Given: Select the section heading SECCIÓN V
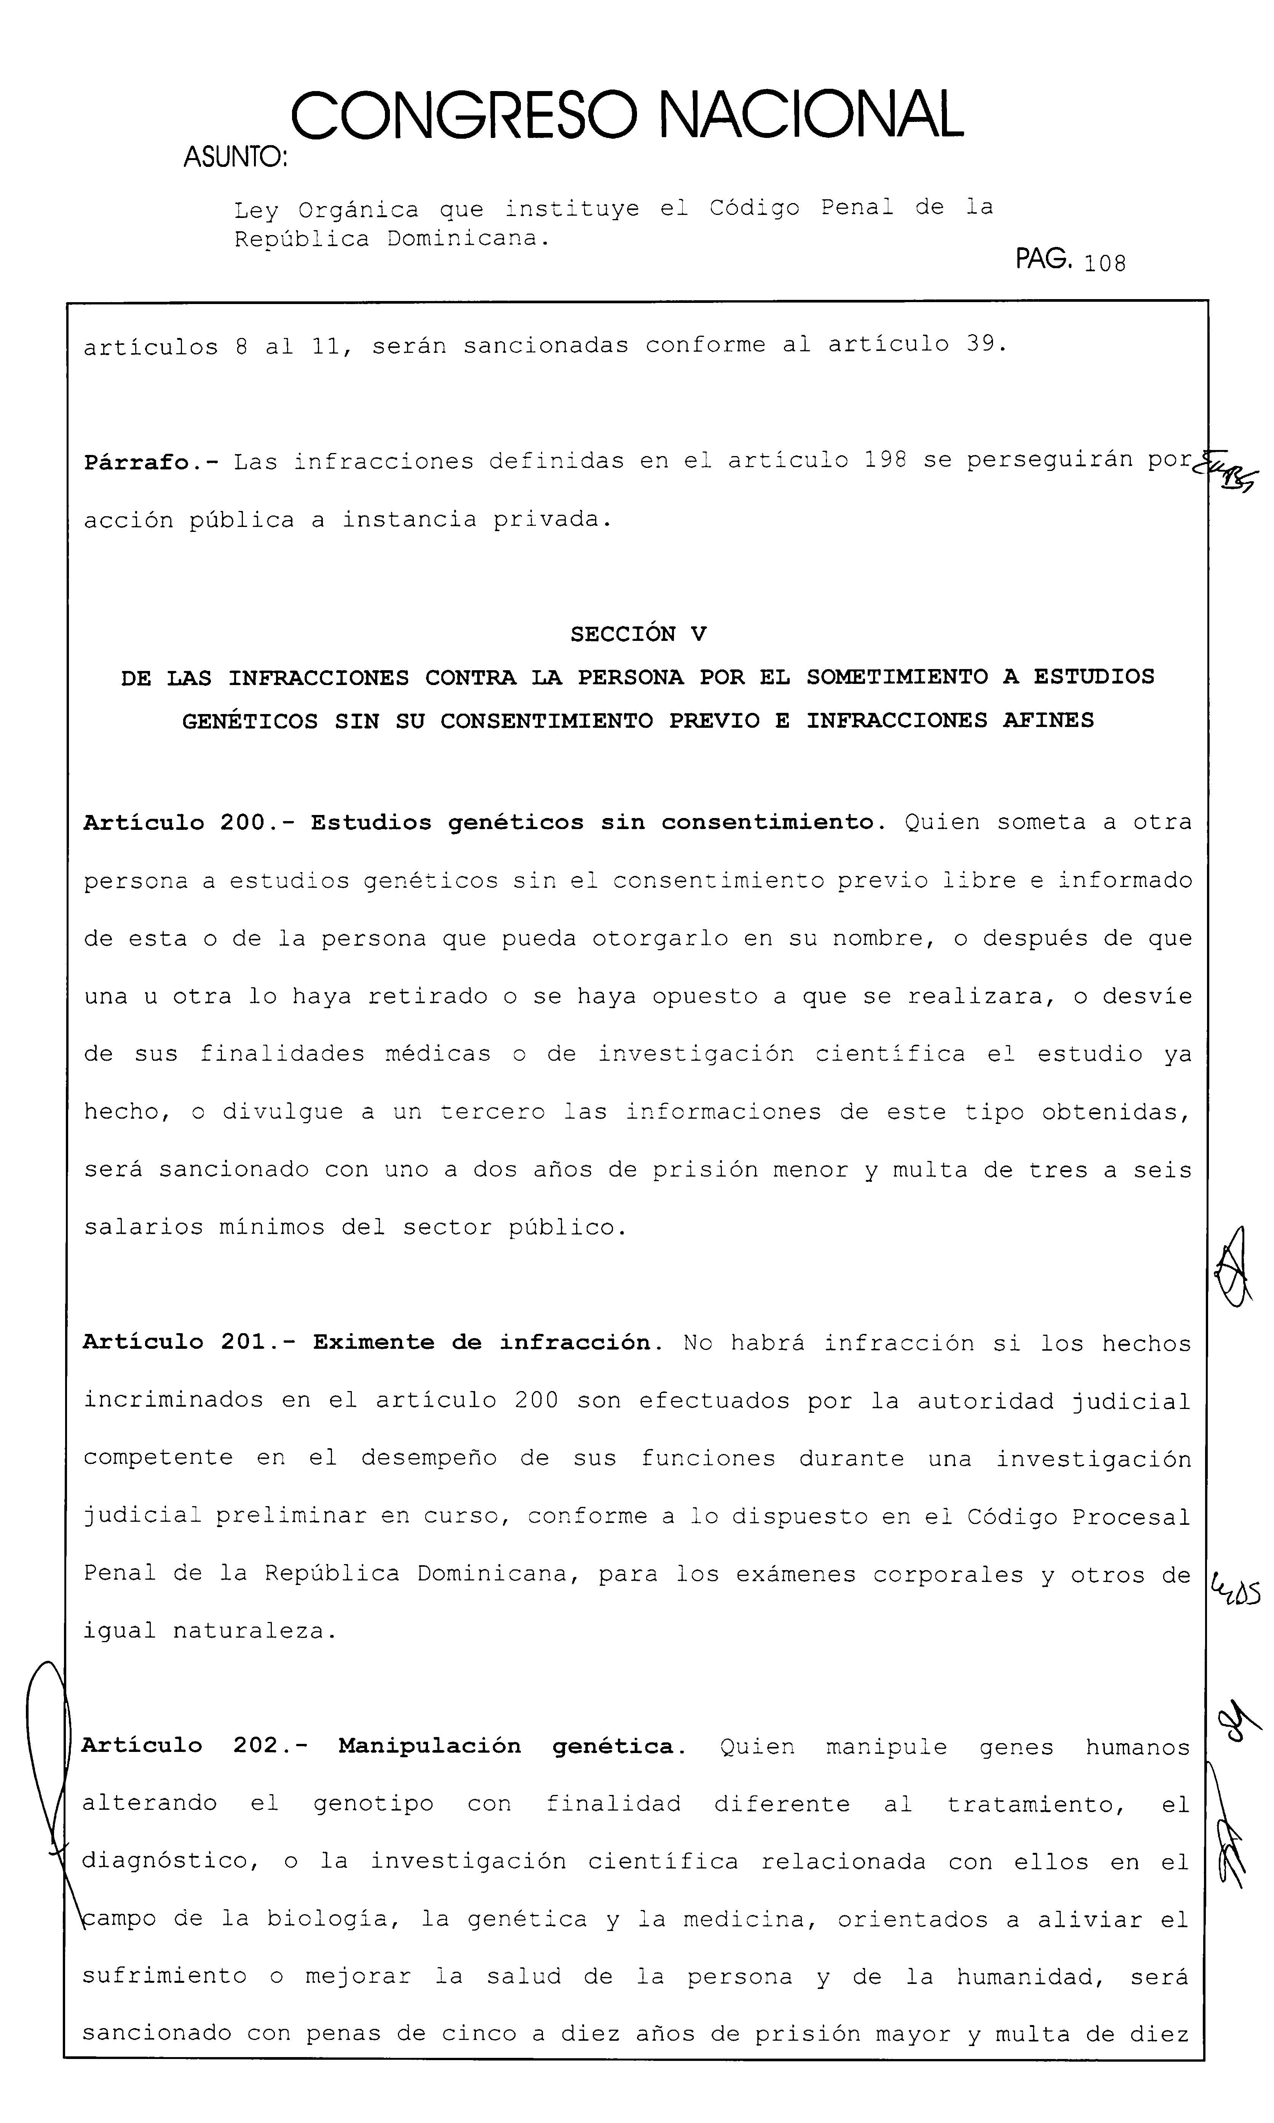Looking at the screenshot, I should pos(638,634).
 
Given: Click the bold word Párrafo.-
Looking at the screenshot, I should pos(150,462).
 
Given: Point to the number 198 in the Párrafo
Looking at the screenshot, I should pos(885,460).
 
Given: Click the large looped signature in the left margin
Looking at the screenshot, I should pos(47,1795).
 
